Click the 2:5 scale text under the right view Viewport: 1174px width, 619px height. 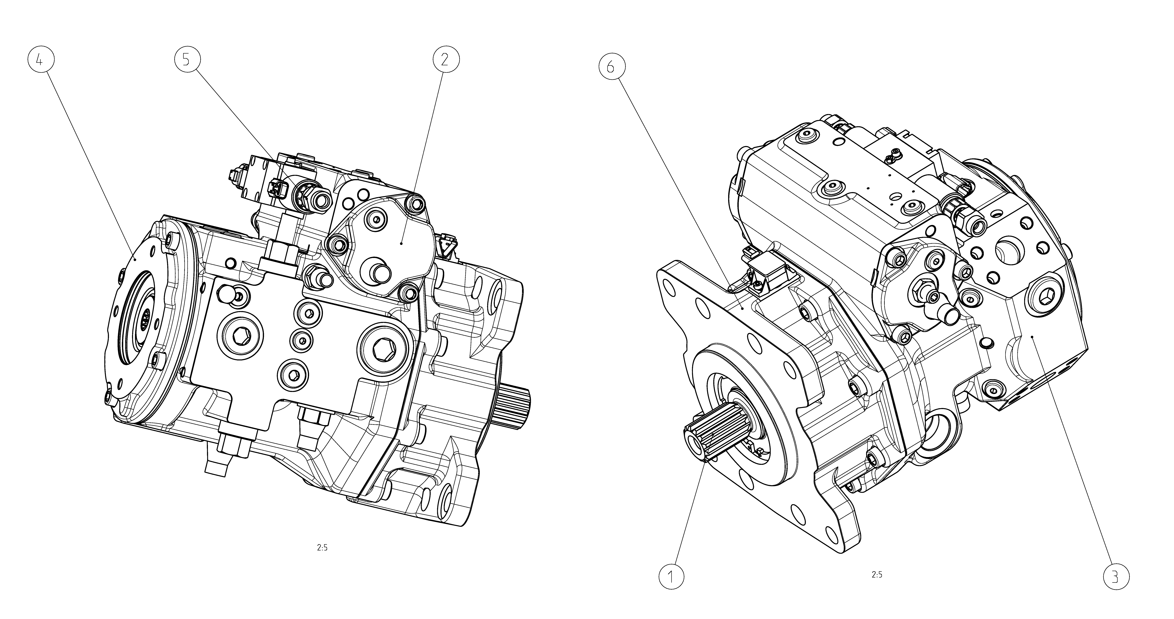pyautogui.click(x=877, y=575)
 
